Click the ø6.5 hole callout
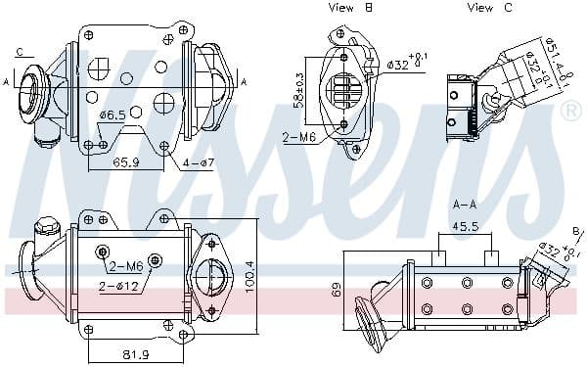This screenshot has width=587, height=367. click(x=113, y=115)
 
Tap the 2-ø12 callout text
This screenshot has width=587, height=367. click(x=117, y=286)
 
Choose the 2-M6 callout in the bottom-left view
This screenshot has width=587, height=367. click(x=126, y=266)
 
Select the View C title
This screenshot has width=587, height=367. click(x=489, y=8)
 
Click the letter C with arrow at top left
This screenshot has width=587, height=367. click(x=19, y=51)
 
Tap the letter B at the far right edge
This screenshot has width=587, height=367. click(x=577, y=231)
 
